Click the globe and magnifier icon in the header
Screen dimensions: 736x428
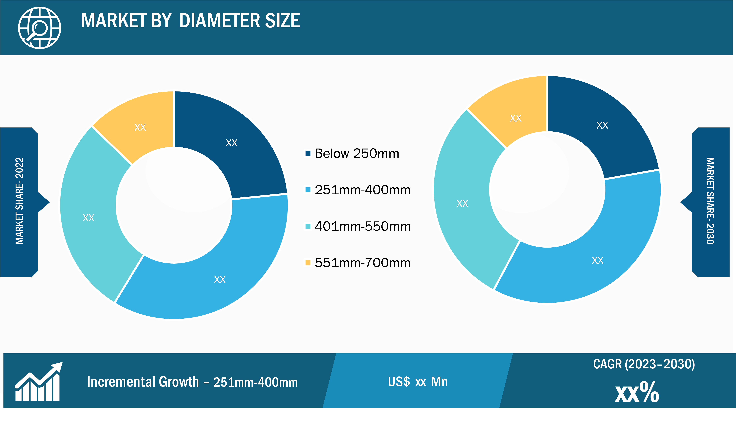point(39,28)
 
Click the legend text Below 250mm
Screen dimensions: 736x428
point(357,153)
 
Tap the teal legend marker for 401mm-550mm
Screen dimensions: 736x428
point(308,226)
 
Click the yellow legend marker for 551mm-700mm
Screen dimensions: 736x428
point(308,263)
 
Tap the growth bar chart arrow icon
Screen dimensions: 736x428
point(38,381)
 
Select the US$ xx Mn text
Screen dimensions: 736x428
point(418,381)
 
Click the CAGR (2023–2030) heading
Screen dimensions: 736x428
point(644,364)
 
